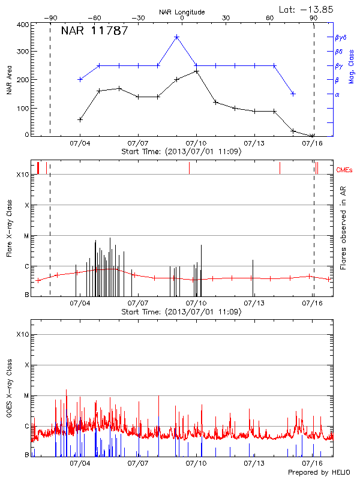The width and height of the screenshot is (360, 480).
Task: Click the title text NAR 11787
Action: pyautogui.click(x=94, y=31)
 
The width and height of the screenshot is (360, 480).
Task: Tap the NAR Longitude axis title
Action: pyautogui.click(x=182, y=12)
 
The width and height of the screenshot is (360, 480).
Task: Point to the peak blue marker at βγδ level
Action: pyautogui.click(x=177, y=37)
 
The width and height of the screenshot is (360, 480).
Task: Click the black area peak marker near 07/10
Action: pyautogui.click(x=196, y=71)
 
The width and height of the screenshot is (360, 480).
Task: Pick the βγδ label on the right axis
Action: pyautogui.click(x=341, y=37)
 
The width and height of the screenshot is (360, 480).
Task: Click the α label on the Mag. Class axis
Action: pyautogui.click(x=337, y=94)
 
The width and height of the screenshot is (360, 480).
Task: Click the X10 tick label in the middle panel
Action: pyautogui.click(x=23, y=175)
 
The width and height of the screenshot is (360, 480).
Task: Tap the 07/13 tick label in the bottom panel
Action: pyautogui.click(x=254, y=464)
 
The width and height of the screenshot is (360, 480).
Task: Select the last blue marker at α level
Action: pyautogui.click(x=293, y=94)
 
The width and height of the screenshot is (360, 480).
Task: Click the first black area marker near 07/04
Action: pyautogui.click(x=80, y=119)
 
